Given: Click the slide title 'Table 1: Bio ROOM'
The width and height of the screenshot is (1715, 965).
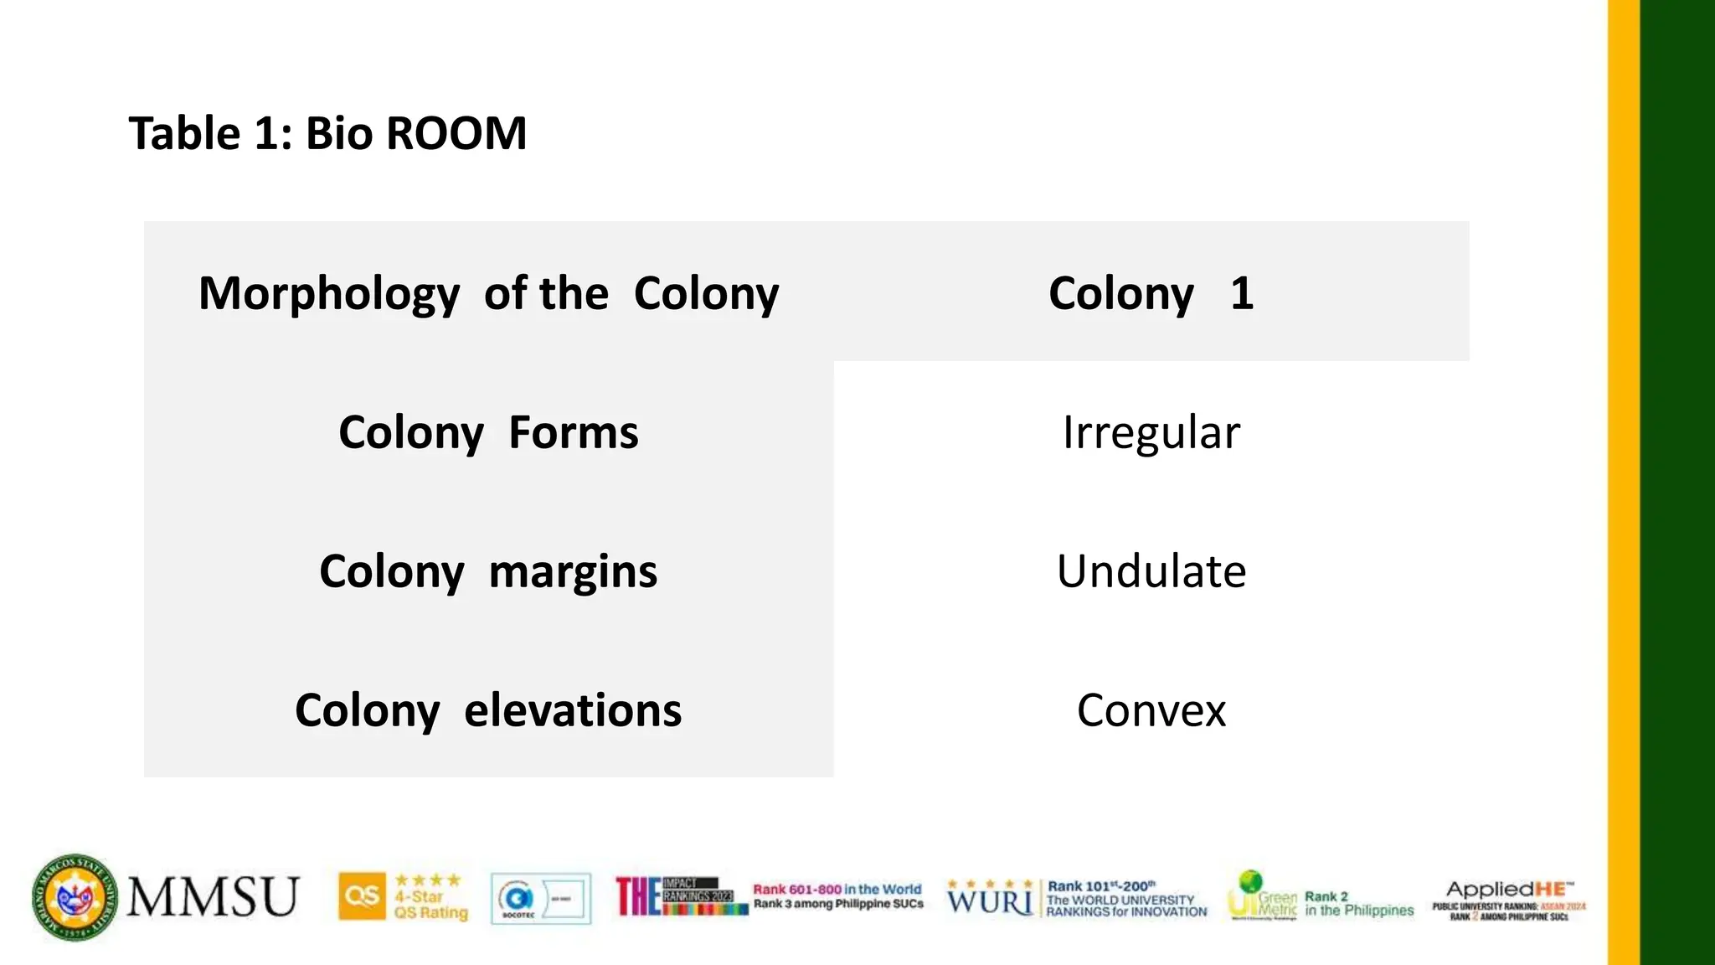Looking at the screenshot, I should point(327,133).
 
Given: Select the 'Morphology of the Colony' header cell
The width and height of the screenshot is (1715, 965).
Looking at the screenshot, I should point(488,293).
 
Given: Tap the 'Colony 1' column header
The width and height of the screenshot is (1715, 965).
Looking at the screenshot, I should point(1151,293).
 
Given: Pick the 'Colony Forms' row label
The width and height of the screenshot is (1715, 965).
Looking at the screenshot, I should point(488,432).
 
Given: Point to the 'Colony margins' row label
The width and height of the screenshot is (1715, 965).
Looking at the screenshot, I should point(488,571).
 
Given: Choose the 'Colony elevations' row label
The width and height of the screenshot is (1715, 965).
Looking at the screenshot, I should point(488,710).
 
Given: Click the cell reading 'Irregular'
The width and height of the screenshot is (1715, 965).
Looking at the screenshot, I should point(1151,432).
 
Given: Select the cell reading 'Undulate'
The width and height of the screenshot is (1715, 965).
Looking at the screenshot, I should point(1151,571).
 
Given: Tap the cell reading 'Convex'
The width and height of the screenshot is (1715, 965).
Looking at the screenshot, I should point(1151,710).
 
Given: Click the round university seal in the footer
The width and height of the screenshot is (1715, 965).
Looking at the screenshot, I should point(75,898).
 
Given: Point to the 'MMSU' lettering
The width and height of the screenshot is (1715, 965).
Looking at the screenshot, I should point(213,897).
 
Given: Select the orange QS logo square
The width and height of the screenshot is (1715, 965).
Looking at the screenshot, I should point(362,896).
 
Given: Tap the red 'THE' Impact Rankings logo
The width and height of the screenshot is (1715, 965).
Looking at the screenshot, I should point(638,896).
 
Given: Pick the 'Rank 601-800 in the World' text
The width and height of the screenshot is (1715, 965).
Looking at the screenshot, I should point(837,890).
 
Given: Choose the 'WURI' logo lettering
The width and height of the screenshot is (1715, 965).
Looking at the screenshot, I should point(990,901).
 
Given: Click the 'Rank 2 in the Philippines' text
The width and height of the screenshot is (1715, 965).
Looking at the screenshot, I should point(1358,903).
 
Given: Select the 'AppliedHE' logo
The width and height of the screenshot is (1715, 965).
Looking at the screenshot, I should point(1509,890).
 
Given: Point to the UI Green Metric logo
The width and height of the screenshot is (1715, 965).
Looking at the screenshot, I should point(1262,896).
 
